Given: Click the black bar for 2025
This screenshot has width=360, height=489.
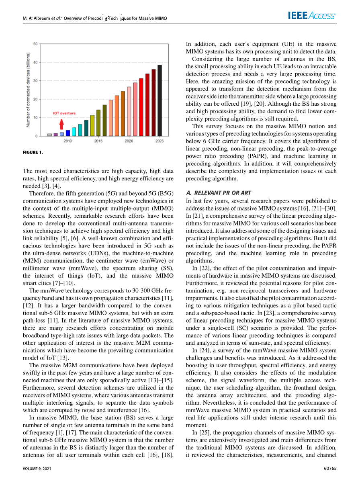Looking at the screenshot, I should click(x=160, y=100).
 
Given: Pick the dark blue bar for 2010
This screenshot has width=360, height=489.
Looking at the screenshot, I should click(x=68, y=133).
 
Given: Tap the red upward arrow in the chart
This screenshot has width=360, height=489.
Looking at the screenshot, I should click(x=61, y=124).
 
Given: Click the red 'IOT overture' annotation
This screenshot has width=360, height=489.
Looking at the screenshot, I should click(x=64, y=113).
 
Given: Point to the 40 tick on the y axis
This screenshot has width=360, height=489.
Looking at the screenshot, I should click(x=35, y=62).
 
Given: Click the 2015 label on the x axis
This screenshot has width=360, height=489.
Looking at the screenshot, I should click(x=98, y=141).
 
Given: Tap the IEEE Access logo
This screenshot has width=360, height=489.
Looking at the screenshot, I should click(x=312, y=16).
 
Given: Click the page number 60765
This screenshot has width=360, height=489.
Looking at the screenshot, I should click(x=329, y=469).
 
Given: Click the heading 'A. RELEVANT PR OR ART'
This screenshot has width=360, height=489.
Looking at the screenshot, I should click(x=219, y=193).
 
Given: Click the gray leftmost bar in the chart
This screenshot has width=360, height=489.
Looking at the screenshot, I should click(x=49, y=135).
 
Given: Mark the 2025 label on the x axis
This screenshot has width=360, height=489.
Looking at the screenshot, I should click(x=160, y=141).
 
